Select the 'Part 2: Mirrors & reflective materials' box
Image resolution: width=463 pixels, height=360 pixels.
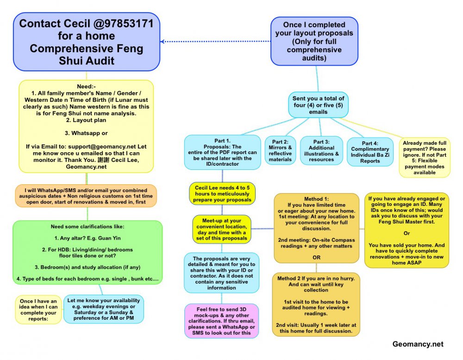pyautogui.click(x=281, y=150)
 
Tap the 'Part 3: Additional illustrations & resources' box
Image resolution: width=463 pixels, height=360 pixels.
pyautogui.click(x=322, y=150)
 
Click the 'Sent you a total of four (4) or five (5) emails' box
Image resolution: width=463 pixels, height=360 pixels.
pyautogui.click(x=318, y=105)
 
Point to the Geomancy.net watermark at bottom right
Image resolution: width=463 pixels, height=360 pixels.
pyautogui.click(x=418, y=344)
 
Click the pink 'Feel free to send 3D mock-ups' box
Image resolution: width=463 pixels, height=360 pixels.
pyautogui.click(x=221, y=320)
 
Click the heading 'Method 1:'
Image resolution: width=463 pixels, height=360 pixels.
pyautogui.click(x=317, y=199)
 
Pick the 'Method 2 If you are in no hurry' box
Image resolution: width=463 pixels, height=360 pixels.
pyautogui.click(x=317, y=304)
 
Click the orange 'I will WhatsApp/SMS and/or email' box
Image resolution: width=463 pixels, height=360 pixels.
pyautogui.click(x=86, y=196)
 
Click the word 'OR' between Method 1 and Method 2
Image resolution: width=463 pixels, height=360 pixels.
pyautogui.click(x=317, y=257)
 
